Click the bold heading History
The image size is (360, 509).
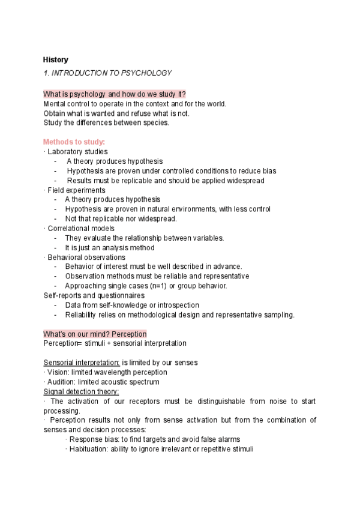click(x=56, y=59)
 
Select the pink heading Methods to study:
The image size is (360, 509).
click(x=74, y=142)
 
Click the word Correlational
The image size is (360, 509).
click(x=68, y=228)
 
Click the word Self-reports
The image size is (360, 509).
click(x=61, y=295)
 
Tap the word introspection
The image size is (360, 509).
click(x=177, y=305)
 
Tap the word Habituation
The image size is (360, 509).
click(x=88, y=449)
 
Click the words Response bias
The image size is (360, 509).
click(x=91, y=439)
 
